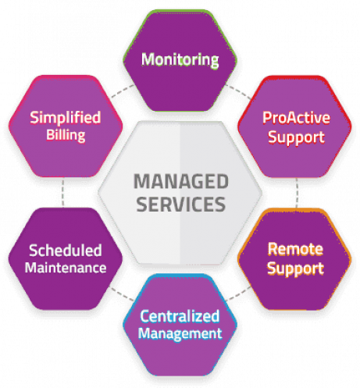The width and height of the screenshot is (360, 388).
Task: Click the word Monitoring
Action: pyautogui.click(x=180, y=60)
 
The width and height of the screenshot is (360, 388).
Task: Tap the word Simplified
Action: pyautogui.click(x=66, y=117)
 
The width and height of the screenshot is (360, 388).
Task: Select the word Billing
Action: pyautogui.click(x=66, y=135)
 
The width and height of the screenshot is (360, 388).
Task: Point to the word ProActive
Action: pyautogui.click(x=296, y=118)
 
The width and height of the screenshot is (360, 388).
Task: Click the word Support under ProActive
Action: pyautogui.click(x=297, y=137)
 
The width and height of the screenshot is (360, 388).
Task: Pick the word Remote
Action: pyautogui.click(x=296, y=249)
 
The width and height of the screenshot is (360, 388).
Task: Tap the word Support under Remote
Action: pyautogui.click(x=296, y=269)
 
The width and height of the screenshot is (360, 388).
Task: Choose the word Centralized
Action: pyautogui.click(x=180, y=316)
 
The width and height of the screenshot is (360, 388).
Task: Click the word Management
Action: pyautogui.click(x=180, y=334)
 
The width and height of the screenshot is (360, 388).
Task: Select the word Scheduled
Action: pyautogui.click(x=66, y=251)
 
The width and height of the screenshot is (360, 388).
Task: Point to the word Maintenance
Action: pyautogui.click(x=66, y=268)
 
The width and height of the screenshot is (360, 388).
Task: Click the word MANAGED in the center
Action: pyautogui.click(x=181, y=181)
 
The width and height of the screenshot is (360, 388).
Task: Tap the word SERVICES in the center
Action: pyautogui.click(x=181, y=205)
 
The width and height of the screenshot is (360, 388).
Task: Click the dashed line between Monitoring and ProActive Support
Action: pyautogui.click(x=238, y=91)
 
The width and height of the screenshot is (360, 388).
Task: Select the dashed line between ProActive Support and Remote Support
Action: pyautogui.click(x=297, y=193)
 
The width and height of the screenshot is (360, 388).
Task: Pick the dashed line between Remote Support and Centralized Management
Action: pyautogui.click(x=238, y=294)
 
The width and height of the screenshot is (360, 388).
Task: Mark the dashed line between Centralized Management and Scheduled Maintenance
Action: pyautogui.click(x=122, y=294)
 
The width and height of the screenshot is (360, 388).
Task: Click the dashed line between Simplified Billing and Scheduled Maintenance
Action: pyautogui.click(x=63, y=193)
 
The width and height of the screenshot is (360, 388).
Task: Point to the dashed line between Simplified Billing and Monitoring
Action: pyautogui.click(x=123, y=91)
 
